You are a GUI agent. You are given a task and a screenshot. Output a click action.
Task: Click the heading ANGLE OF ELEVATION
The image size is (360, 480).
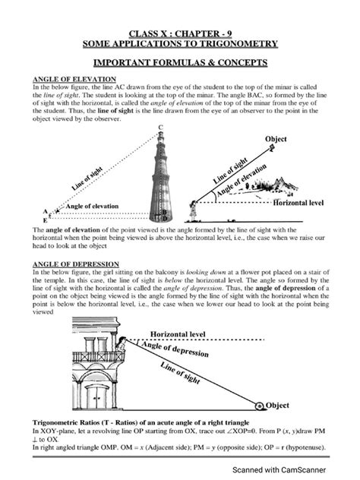point(73,79)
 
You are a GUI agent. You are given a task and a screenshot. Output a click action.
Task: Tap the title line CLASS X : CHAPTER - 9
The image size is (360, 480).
point(180,33)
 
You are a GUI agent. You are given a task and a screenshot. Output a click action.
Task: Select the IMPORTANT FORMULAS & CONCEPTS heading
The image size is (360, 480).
point(180,62)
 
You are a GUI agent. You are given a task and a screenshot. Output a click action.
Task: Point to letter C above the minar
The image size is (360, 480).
point(160,127)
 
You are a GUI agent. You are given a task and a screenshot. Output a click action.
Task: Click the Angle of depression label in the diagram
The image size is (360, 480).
point(187,353)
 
